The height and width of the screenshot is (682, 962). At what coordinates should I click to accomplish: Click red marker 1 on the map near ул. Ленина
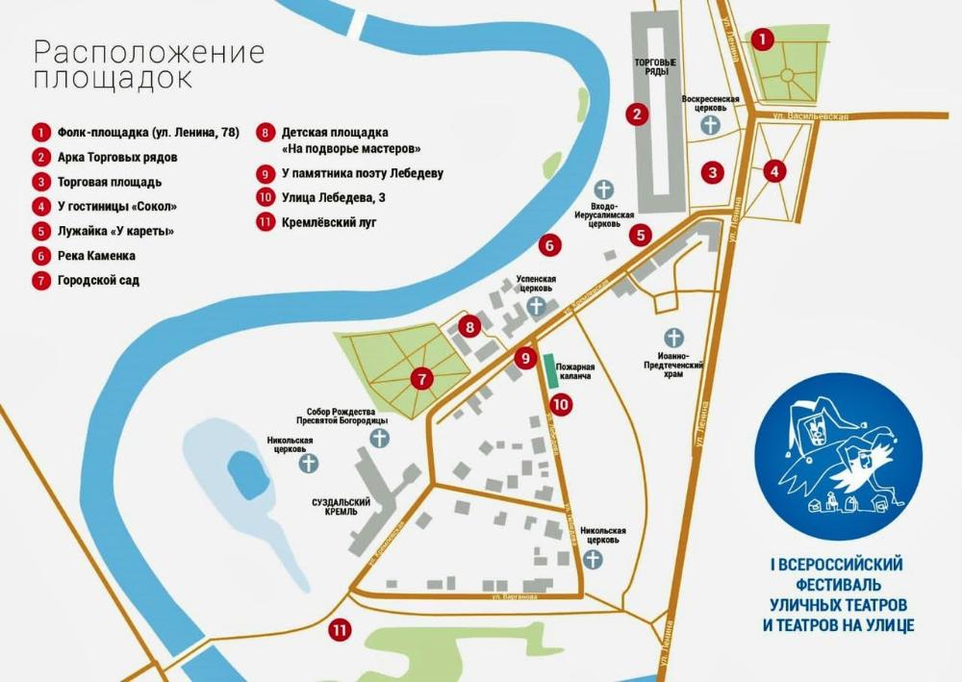761,39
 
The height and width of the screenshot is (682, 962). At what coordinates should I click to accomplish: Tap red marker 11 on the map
339,631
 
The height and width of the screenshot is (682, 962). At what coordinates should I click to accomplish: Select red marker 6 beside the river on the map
548,245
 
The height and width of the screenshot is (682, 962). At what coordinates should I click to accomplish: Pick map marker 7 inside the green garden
420,379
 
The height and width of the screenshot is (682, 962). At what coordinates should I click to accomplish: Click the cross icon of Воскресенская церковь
710,125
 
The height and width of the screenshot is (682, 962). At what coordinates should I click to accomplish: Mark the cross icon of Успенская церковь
535,306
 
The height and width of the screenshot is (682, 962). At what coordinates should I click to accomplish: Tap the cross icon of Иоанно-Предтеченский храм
674,338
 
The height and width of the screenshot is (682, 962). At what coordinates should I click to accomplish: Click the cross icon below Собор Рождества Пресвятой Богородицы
380,439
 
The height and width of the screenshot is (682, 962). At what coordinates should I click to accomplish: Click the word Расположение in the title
149,52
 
